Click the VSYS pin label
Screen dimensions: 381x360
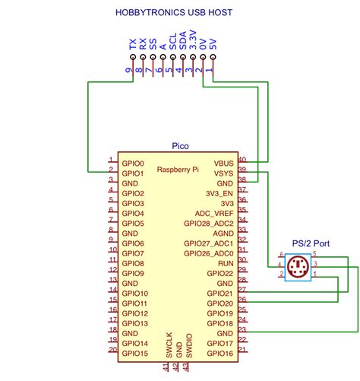(x=223, y=173)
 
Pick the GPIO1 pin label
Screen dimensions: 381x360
(x=133, y=173)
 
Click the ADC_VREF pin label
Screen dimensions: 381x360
(x=214, y=214)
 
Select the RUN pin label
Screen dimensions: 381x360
(x=226, y=263)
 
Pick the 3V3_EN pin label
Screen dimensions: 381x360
(x=218, y=193)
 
